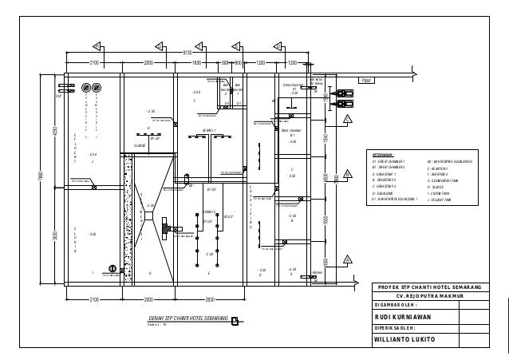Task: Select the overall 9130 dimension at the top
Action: coord(188,52)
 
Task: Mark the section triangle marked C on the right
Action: coord(347,120)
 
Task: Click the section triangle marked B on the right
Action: coord(348,175)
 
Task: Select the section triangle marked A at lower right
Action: coord(348,259)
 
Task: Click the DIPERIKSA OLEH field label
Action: coord(394,328)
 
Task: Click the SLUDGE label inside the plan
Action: coord(139,145)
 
